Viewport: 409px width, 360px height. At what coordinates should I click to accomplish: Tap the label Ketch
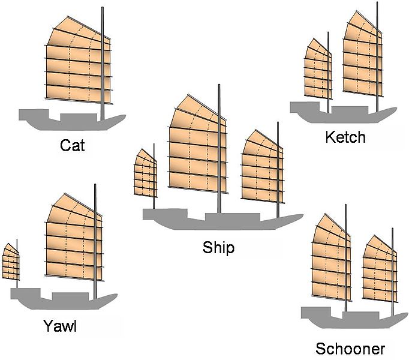(344, 137)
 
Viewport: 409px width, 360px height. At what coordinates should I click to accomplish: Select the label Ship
(218, 247)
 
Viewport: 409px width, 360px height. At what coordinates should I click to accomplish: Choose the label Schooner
(350, 349)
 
